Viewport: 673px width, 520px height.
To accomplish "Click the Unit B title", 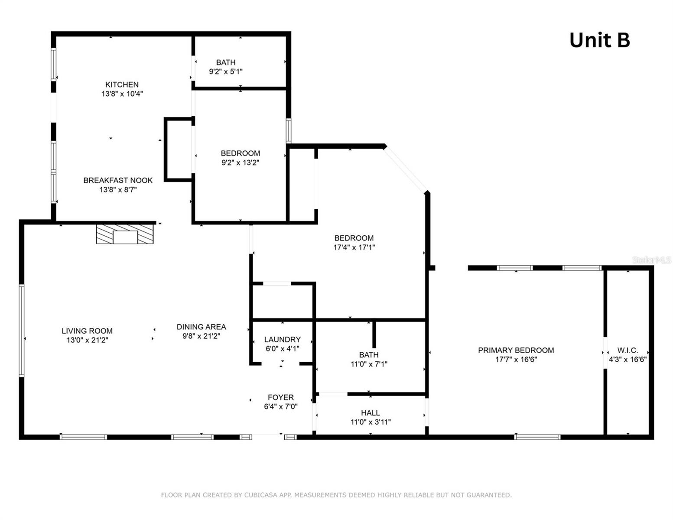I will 599,40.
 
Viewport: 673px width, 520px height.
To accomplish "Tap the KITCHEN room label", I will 122,84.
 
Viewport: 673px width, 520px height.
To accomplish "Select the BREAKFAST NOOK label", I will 118,180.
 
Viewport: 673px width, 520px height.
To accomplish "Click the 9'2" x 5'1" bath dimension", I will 225,71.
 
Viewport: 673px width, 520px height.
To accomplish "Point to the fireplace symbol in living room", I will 125,234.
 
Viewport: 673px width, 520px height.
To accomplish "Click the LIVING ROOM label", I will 87,331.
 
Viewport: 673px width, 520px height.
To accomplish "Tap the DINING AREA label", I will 201,327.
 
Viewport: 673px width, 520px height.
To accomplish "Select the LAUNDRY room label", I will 282,339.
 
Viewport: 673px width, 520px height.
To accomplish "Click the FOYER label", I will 280,397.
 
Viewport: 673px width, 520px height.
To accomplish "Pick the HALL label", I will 370,413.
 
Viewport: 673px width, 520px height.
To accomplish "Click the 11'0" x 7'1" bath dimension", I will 369,364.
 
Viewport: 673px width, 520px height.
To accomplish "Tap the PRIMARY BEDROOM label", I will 516,350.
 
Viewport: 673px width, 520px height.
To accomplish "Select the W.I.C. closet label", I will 627,350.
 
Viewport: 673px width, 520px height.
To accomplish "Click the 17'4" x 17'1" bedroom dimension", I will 354,247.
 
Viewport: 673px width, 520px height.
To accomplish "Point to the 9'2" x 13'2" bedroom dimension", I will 240,162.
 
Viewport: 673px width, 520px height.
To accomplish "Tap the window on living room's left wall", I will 21,330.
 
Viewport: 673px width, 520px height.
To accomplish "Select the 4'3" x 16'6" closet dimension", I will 627,359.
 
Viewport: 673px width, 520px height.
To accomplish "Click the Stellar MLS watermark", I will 651,260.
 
